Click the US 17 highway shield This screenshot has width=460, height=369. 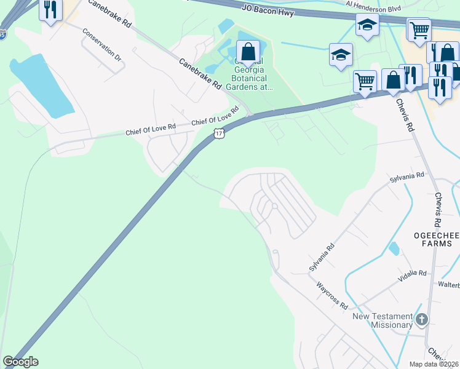tap(219, 133)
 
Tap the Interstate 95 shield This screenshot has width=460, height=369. tap(3, 35)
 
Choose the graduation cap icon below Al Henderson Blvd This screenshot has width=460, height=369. tap(367, 25)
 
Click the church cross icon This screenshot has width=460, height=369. tap(421, 319)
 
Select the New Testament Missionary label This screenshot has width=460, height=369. tap(382, 320)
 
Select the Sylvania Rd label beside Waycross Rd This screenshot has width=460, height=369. tap(322, 257)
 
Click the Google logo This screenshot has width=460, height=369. tap(20, 362)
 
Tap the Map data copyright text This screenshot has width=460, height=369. tap(434, 364)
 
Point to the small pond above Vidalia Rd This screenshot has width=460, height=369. tap(394, 248)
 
